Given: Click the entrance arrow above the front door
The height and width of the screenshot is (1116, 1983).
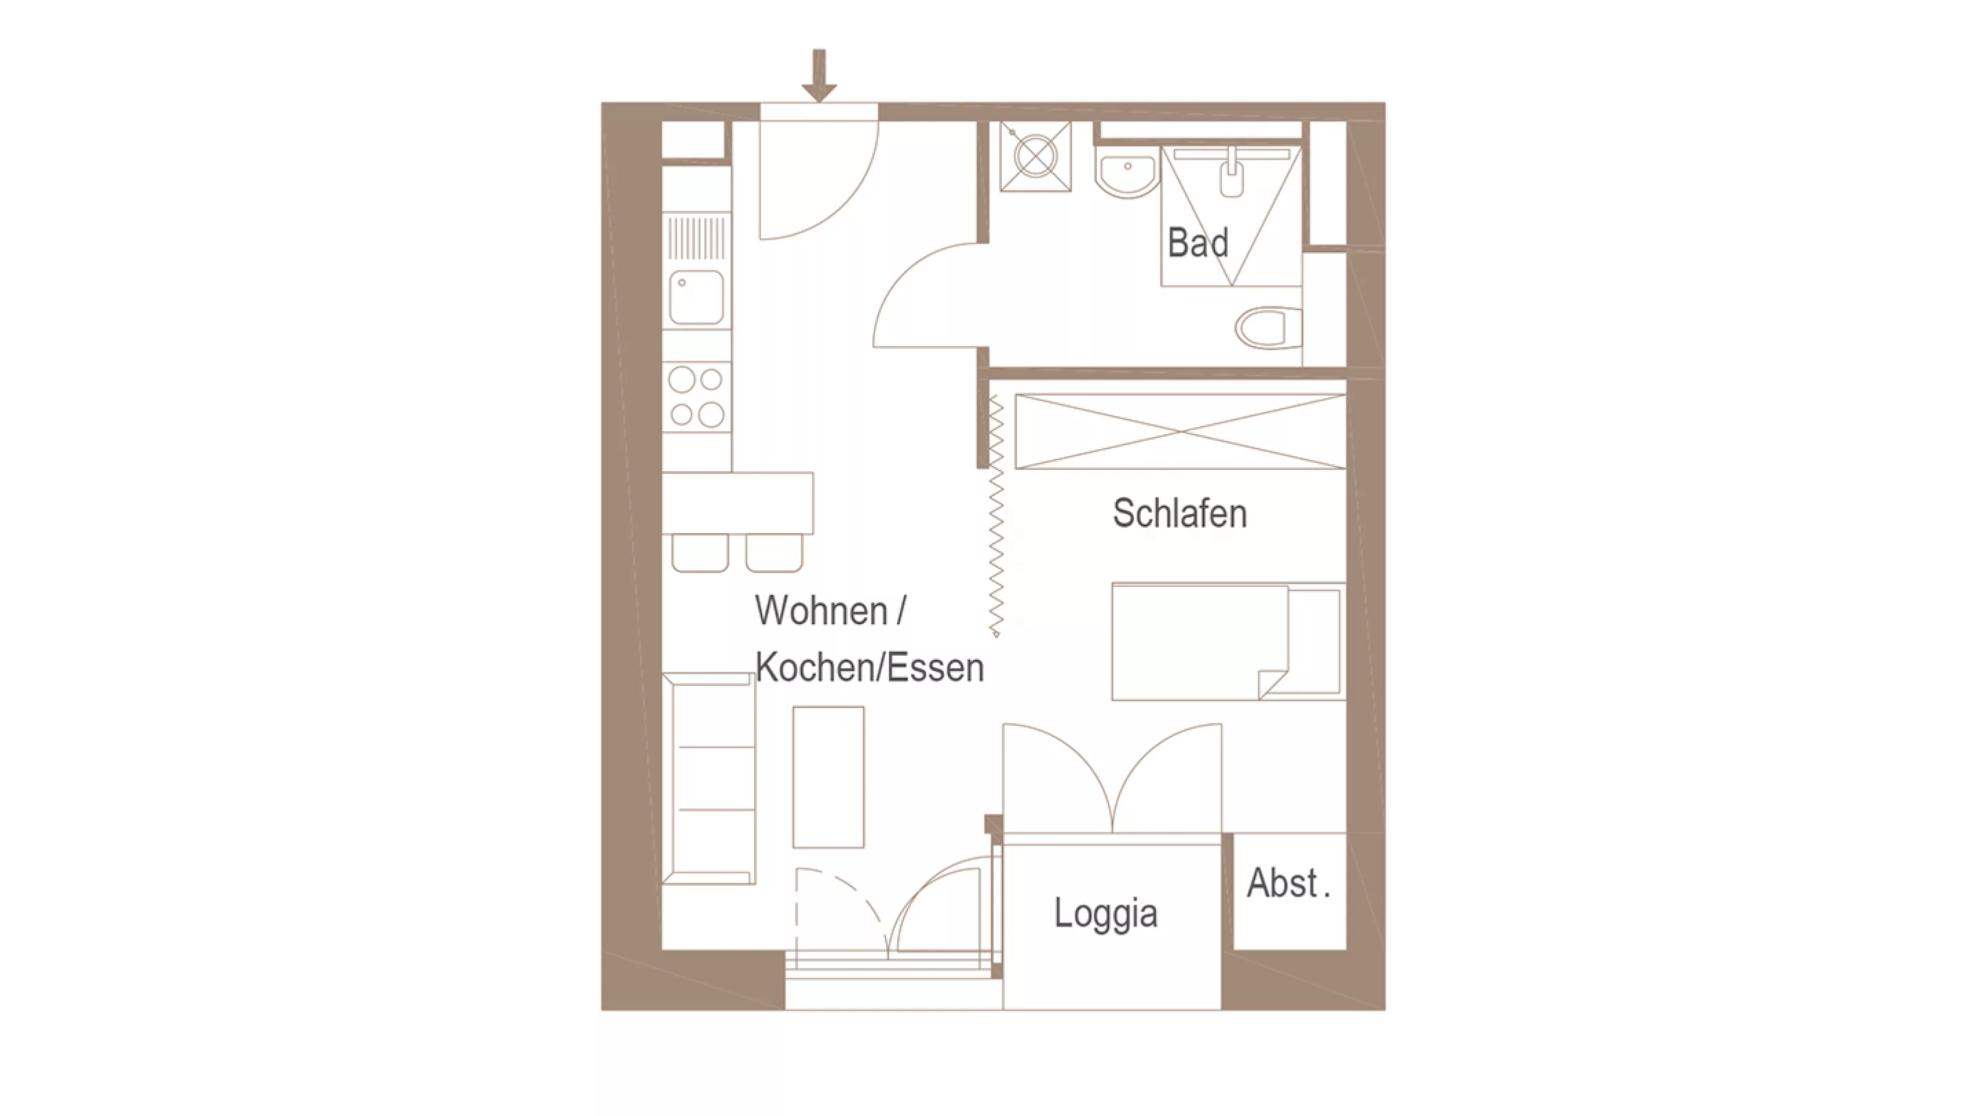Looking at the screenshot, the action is (819, 76).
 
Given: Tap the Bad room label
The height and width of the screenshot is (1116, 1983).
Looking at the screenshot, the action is (1198, 242).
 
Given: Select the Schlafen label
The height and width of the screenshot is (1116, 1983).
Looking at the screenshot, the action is (1179, 513).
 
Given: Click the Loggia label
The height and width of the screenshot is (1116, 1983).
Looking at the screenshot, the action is (1105, 913).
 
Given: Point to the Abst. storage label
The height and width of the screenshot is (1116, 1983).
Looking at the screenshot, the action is (1288, 882).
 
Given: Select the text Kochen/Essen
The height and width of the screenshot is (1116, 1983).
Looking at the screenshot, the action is (870, 667).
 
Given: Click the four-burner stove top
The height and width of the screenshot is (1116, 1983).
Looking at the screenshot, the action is (696, 397).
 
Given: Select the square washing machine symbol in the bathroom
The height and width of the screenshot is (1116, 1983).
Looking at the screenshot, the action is (1036, 156).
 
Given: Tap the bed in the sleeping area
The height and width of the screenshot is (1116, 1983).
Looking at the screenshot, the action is (1228, 641).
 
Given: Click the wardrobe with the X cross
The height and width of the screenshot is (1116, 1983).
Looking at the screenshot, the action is (1181, 431).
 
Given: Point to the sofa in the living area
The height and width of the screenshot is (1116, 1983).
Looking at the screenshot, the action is (709, 778).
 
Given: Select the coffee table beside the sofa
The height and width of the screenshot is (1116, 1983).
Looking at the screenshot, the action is (828, 777).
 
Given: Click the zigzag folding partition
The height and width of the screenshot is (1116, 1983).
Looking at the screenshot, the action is (996, 516).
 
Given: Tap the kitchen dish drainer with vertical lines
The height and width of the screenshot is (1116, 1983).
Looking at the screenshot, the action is (696, 238).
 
